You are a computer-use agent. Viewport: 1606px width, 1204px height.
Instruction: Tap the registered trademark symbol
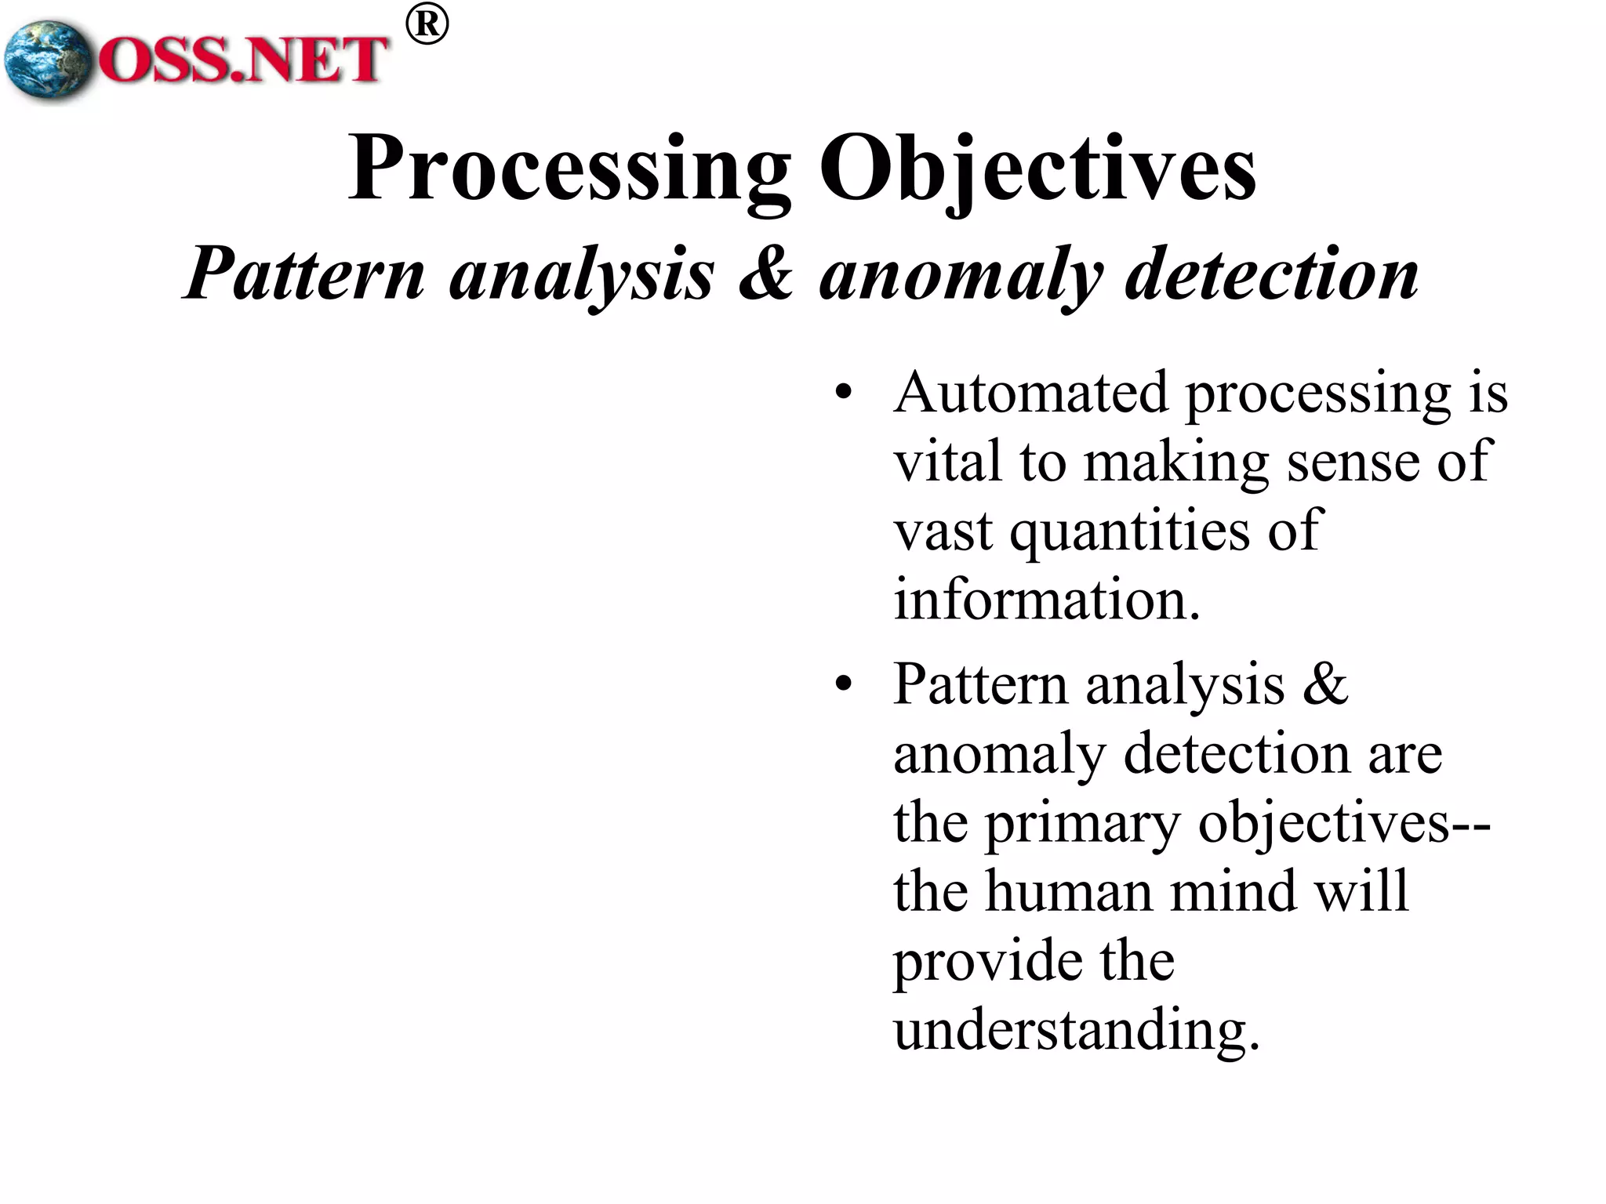[x=427, y=25]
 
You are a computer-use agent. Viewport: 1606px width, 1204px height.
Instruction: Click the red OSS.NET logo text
[x=243, y=60]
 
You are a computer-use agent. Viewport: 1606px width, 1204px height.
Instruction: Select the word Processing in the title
[x=569, y=169]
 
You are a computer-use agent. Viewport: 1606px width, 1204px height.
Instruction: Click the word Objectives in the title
[x=1037, y=169]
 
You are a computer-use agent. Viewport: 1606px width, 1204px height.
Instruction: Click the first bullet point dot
[x=843, y=392]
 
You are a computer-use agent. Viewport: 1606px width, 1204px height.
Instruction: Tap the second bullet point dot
[x=843, y=684]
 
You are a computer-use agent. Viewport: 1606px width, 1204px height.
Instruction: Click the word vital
[x=947, y=461]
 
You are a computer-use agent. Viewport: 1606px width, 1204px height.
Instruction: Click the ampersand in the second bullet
[x=1325, y=684]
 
